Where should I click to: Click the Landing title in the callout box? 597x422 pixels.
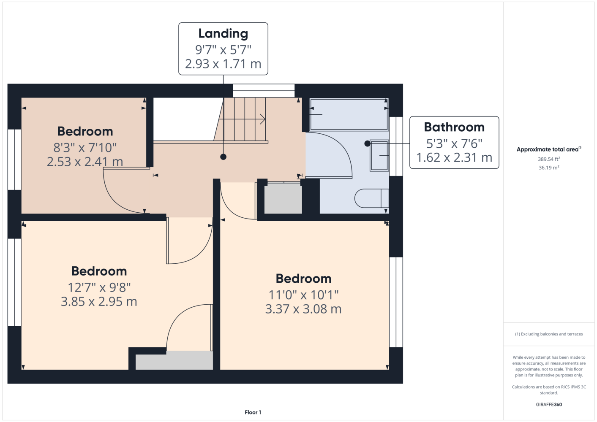point(223,34)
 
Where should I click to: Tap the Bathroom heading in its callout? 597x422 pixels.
point(454,127)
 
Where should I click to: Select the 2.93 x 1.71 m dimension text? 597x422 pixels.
point(223,64)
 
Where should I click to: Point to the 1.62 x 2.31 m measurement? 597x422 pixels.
point(454,158)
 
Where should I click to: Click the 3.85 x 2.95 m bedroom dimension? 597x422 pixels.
point(99,302)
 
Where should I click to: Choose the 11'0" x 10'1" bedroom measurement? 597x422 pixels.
point(303,295)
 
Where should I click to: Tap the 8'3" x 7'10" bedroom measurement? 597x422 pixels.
point(85,148)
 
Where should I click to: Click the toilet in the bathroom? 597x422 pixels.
point(371,198)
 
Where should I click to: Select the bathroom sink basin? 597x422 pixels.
point(379,155)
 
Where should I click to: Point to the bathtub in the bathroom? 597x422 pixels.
point(349,114)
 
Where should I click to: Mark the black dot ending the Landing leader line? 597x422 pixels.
point(224,157)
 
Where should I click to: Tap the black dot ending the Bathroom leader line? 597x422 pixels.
point(367,143)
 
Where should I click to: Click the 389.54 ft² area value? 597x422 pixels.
point(549,159)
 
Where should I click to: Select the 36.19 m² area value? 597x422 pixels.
point(549,168)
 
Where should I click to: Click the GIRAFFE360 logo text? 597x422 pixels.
point(549,404)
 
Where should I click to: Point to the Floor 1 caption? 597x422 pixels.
point(253,412)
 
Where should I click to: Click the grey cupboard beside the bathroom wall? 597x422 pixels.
point(283,198)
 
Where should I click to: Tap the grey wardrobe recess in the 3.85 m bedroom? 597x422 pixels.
point(174,360)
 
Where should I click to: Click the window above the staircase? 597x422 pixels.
point(264,91)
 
